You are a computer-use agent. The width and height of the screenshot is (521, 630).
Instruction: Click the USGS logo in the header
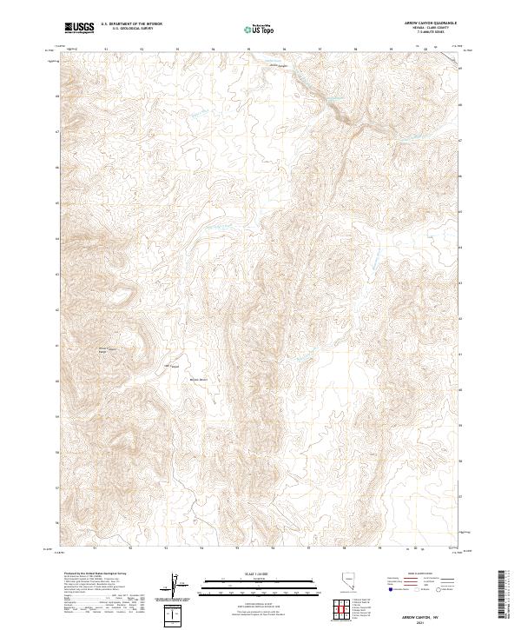point(80,28)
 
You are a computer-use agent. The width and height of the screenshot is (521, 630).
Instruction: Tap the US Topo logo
point(260,29)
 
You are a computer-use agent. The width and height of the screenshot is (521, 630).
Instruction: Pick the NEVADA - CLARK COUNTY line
point(425,29)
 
